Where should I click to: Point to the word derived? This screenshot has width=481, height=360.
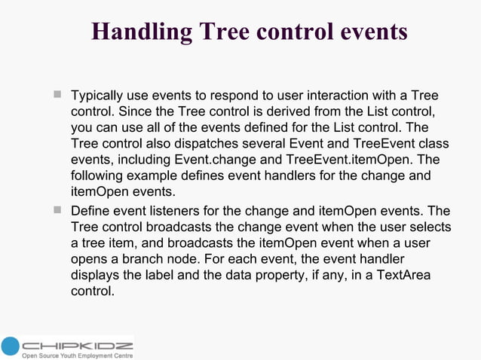(279, 112)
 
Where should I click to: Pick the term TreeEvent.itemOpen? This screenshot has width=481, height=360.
(351, 160)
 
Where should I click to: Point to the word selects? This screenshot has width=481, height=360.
(428, 226)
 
